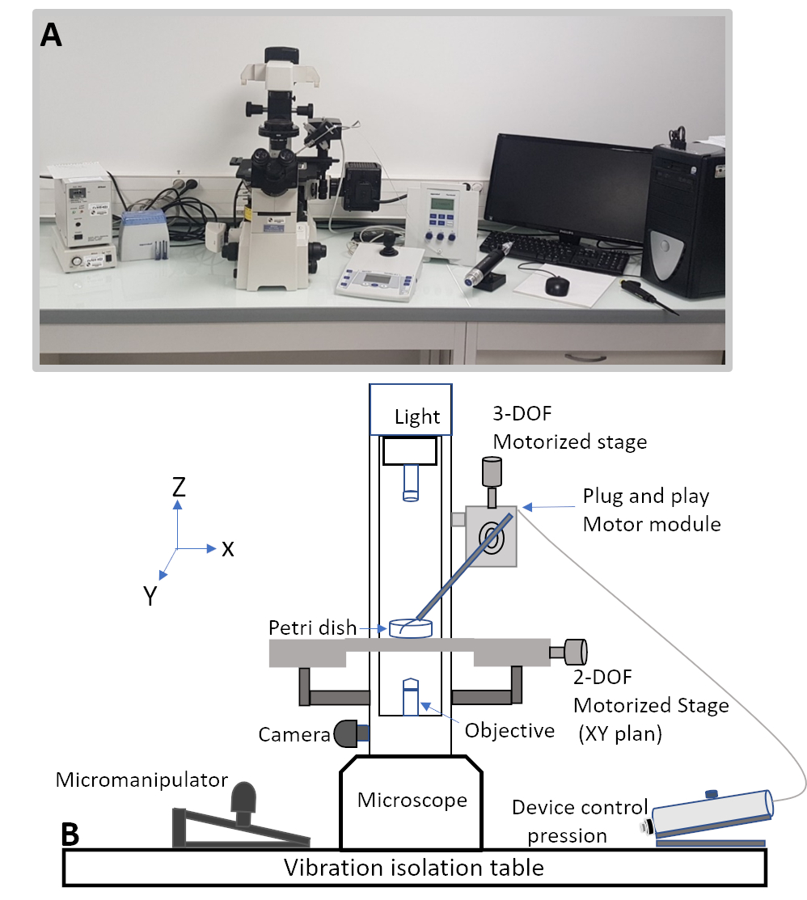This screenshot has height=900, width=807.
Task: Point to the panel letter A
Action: click(51, 34)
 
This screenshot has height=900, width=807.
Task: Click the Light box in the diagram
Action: click(409, 409)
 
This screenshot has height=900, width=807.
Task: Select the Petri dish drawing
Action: click(410, 628)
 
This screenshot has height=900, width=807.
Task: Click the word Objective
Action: click(509, 730)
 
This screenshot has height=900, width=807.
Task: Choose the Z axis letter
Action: click(179, 486)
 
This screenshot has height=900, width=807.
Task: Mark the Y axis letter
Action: click(150, 596)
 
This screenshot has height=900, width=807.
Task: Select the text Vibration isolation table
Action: click(413, 868)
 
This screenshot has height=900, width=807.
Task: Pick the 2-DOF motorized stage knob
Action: click(574, 651)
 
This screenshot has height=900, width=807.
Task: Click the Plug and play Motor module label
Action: click(651, 510)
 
